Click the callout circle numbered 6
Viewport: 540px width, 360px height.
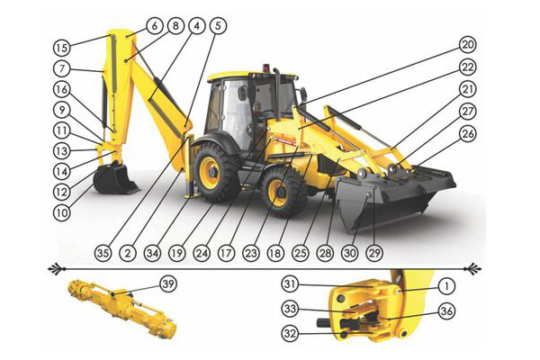pos(154,26)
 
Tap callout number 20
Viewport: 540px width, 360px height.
pos(468,45)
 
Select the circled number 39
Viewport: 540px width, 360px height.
pos(168,284)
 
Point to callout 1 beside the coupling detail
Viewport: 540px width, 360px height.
pos(446,286)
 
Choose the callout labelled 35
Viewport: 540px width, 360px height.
pos(103,254)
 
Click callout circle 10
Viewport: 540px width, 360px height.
pos(61,213)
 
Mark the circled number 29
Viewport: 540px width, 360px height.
pos(374,254)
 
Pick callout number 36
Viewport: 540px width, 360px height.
pos(446,311)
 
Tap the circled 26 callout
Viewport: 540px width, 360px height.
pos(468,134)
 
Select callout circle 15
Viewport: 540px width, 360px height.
pos(61,48)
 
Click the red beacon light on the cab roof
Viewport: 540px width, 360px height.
pos(265,67)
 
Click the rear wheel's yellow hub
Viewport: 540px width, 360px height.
pos(210,172)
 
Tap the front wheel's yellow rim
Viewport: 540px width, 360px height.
pos(277,193)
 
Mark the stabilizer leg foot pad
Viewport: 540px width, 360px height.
pos(191,196)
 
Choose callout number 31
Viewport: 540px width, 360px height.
pos(290,284)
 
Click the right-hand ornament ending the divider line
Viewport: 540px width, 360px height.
pos(474,268)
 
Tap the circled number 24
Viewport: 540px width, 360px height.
pos(202,254)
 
